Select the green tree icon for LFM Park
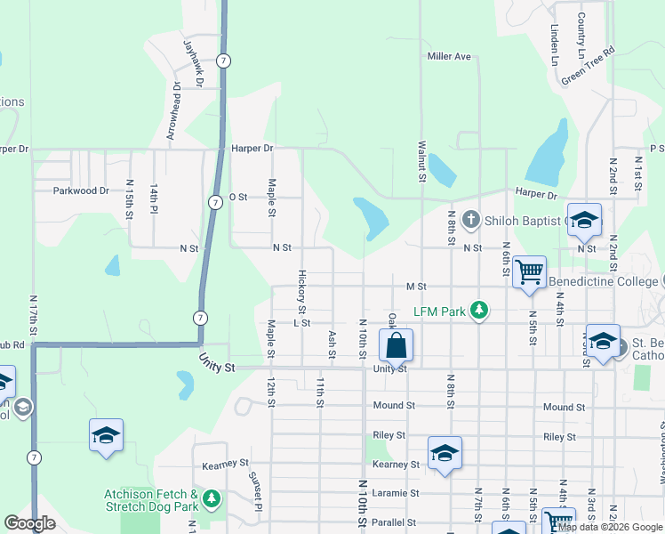click(x=480, y=310)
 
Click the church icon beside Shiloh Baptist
click(x=471, y=220)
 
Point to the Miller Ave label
click(x=449, y=56)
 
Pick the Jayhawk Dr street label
click(x=194, y=62)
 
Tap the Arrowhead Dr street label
click(x=173, y=111)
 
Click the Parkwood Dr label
click(x=80, y=190)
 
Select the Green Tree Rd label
click(x=588, y=67)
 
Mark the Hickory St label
click(x=302, y=292)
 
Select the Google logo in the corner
click(x=30, y=524)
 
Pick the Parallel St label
click(x=396, y=522)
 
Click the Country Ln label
click(x=581, y=29)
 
